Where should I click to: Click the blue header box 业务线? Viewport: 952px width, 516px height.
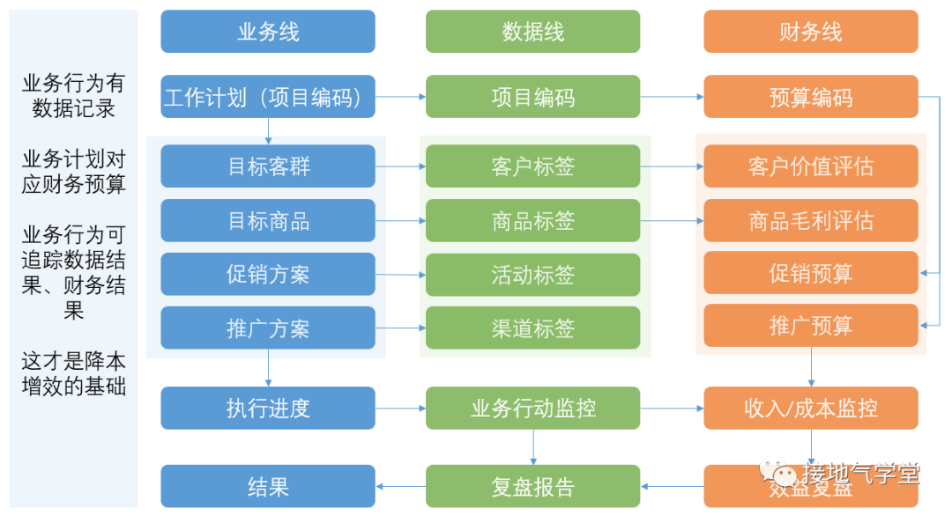(x=268, y=32)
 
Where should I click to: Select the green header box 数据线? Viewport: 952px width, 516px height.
(x=532, y=32)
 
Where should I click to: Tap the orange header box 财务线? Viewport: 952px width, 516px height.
(x=810, y=32)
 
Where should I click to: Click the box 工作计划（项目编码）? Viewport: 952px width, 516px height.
(x=268, y=97)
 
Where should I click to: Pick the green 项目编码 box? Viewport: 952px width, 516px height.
(x=532, y=97)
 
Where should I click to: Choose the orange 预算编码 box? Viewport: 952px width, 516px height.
(x=810, y=97)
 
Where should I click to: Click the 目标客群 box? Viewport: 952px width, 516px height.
(x=268, y=166)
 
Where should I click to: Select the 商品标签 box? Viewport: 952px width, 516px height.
(x=532, y=221)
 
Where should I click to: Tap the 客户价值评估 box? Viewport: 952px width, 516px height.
(x=810, y=166)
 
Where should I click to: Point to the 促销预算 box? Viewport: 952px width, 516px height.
(x=810, y=273)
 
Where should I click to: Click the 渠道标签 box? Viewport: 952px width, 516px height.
(x=532, y=328)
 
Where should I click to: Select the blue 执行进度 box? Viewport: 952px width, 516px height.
(x=268, y=408)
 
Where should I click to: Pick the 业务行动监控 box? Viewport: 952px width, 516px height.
(x=532, y=408)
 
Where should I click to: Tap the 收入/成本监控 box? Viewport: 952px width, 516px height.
(x=810, y=408)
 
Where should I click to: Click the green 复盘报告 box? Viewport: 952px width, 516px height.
(x=532, y=486)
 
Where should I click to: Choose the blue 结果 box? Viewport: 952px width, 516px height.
(x=268, y=486)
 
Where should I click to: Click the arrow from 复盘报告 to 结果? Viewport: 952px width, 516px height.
(x=400, y=486)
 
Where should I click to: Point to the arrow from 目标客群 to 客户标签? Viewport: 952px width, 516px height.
(x=400, y=166)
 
